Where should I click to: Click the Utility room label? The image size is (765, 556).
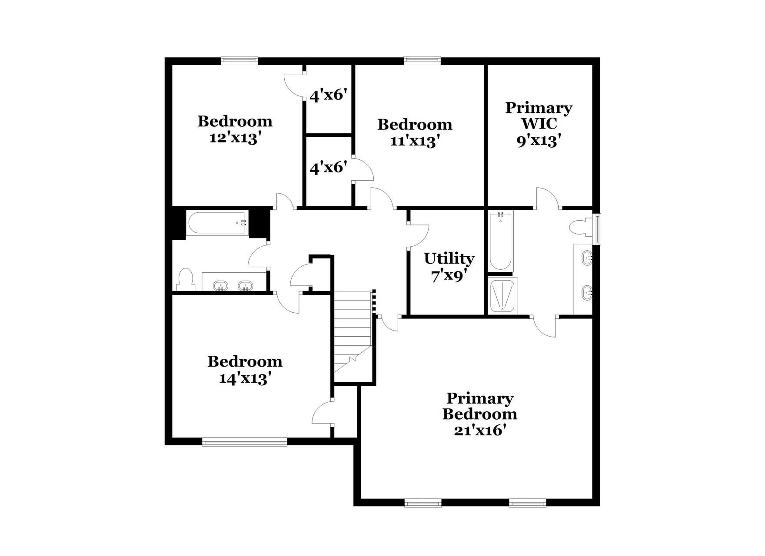click(x=449, y=258)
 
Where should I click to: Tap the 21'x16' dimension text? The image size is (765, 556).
click(x=480, y=430)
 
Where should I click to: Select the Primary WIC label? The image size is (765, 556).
click(x=539, y=116)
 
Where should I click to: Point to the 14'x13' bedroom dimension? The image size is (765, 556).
click(x=245, y=378)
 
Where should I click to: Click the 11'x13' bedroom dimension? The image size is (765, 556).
click(x=415, y=141)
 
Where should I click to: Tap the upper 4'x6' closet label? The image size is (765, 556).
click(x=328, y=95)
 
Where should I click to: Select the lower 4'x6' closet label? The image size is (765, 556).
click(x=328, y=167)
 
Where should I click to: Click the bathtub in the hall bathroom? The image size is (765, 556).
click(x=217, y=223)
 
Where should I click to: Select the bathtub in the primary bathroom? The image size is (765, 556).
click(x=500, y=240)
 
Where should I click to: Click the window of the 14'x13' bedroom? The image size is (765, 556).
click(x=244, y=442)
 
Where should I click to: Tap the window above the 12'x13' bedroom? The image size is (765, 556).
click(x=239, y=60)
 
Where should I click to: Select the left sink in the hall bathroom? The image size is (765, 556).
click(x=220, y=286)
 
